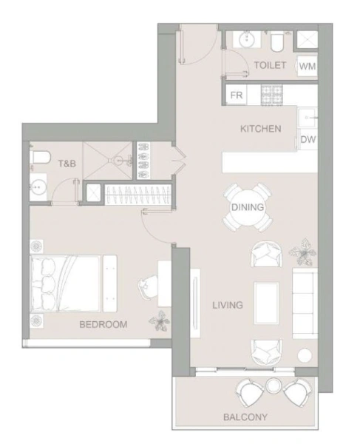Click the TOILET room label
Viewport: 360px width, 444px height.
click(270, 65)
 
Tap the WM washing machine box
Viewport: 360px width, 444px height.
click(307, 67)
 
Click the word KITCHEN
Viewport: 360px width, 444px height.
click(260, 129)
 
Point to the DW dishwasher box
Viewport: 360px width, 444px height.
click(308, 139)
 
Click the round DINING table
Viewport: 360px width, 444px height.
click(248, 207)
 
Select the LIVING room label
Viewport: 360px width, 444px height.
click(228, 304)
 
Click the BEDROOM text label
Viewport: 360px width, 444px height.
click(103, 324)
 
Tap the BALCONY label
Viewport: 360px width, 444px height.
click(246, 417)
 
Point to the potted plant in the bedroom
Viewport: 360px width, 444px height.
click(158, 320)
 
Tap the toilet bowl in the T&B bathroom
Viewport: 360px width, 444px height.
click(41, 158)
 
